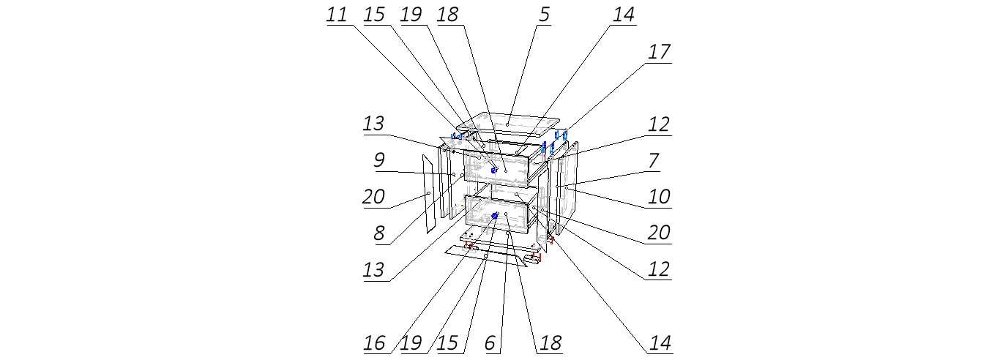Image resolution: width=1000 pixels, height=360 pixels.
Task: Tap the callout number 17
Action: (658, 52)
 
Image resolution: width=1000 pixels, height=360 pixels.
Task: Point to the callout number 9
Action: (378, 160)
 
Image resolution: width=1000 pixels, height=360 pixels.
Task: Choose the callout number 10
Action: (658, 196)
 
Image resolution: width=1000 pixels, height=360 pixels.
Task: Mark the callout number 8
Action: (378, 233)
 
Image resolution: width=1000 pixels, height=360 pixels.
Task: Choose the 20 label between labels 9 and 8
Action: (373, 196)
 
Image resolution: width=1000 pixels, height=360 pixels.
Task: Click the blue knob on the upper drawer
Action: (494, 170)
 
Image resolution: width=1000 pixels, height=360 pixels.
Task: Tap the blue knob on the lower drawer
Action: (495, 216)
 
